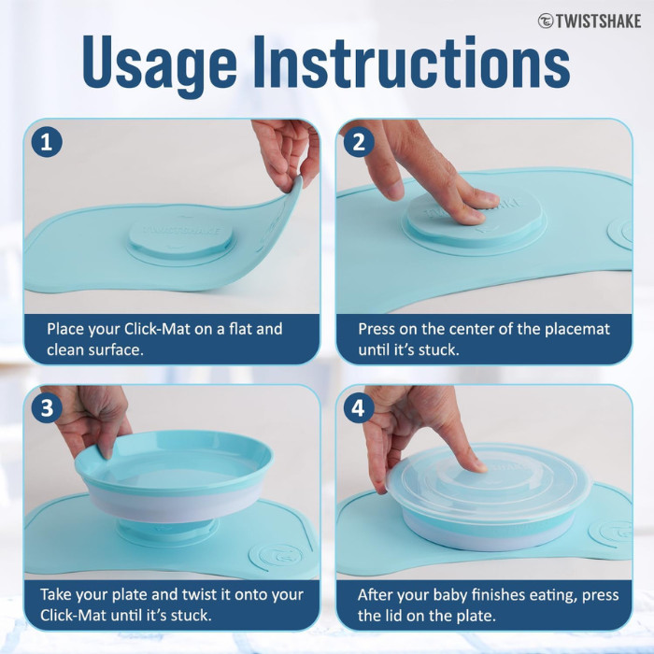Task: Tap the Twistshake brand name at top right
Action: point(590,21)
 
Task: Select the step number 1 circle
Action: point(47,143)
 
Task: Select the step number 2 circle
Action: point(359,143)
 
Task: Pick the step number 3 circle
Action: point(47,409)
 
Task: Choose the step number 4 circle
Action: point(359,409)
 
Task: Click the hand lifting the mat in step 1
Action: point(285,149)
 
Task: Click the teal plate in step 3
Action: point(174,462)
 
